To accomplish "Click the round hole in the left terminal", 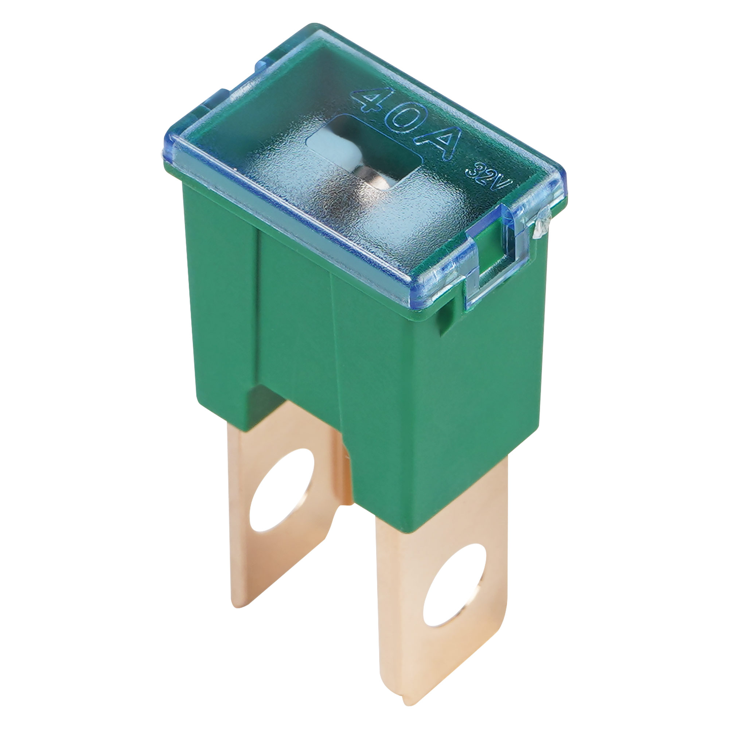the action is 282,490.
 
